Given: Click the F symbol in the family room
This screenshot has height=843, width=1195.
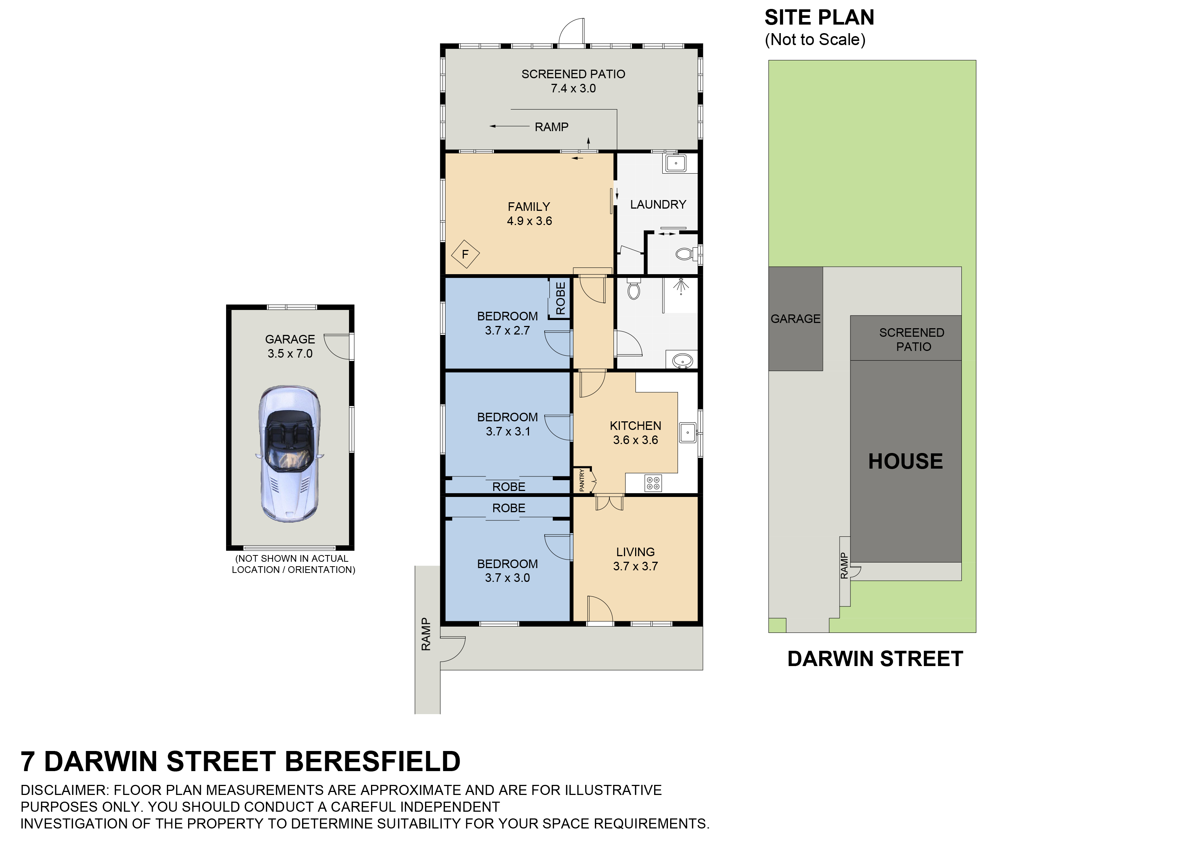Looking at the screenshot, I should tap(465, 254).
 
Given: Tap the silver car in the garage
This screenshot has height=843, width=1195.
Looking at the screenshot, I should tap(289, 454).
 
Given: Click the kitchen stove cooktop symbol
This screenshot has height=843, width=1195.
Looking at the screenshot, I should tap(653, 483).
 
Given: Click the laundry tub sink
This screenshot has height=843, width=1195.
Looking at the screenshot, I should tap(676, 164).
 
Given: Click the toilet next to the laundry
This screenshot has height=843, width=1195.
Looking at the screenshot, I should tap(685, 254).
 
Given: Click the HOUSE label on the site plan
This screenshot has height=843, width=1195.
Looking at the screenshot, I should tap(905, 461).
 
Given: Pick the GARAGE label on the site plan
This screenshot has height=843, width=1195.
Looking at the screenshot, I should tap(795, 318).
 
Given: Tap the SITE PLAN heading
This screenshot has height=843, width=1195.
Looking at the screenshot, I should tap(819, 18).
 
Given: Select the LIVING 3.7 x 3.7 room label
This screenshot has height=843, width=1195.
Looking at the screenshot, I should tap(635, 559).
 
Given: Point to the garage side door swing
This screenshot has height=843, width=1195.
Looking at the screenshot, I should tap(337, 346).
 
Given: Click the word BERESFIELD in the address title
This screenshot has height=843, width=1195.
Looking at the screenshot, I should tap(373, 761).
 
